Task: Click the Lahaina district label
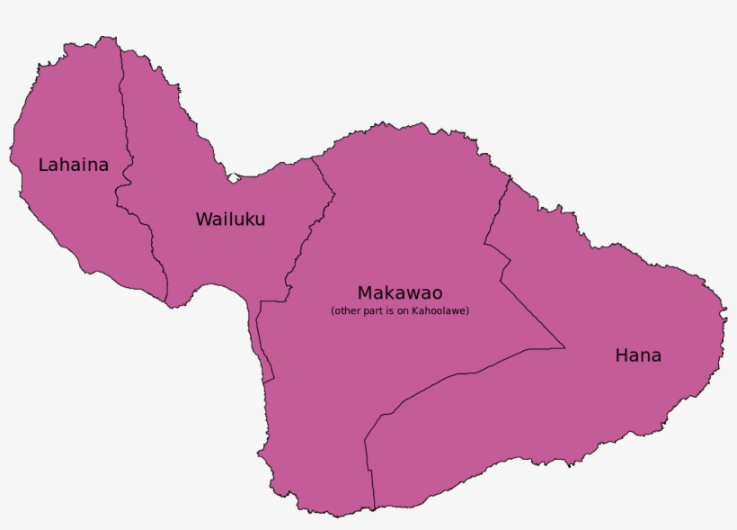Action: click(x=73, y=165)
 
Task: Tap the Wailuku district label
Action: click(x=230, y=219)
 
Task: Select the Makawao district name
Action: click(x=400, y=292)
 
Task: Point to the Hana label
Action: click(x=638, y=355)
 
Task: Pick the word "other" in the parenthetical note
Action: click(x=344, y=311)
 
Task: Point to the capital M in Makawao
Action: click(x=365, y=292)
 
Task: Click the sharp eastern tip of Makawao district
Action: click(x=564, y=347)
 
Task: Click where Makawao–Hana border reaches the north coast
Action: click(x=510, y=178)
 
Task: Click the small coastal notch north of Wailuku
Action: click(x=234, y=178)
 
